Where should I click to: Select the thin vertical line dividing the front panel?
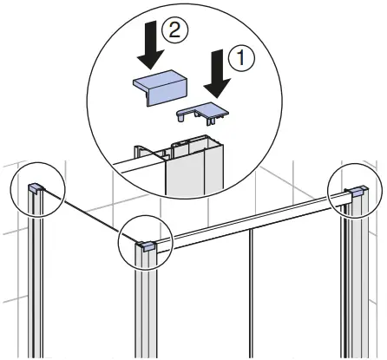click(x=252, y=295)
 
